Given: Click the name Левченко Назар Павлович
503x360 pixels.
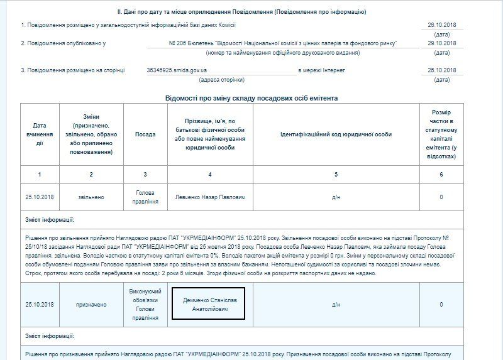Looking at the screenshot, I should click(x=210, y=197).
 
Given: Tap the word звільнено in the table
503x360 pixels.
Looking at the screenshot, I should click(x=91, y=197).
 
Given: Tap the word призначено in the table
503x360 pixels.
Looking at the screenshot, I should click(x=91, y=305).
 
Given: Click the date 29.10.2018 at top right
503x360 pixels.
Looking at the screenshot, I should click(x=441, y=43).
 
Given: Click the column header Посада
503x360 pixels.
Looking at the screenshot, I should click(x=145, y=134).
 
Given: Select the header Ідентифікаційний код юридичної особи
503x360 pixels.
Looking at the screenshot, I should click(x=336, y=134).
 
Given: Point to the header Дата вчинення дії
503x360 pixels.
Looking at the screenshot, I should click(x=40, y=134).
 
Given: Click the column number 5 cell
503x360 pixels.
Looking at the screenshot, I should click(x=336, y=174).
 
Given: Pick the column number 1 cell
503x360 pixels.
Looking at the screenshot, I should click(x=40, y=174).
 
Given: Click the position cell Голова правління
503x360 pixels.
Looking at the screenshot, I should click(x=145, y=197).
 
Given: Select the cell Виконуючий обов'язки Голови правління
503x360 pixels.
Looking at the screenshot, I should click(x=145, y=305).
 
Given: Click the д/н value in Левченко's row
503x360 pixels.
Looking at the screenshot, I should click(x=336, y=197).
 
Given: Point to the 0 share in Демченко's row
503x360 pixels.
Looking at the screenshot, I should click(x=441, y=305).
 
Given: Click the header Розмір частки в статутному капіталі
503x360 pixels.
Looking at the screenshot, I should click(x=441, y=134).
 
